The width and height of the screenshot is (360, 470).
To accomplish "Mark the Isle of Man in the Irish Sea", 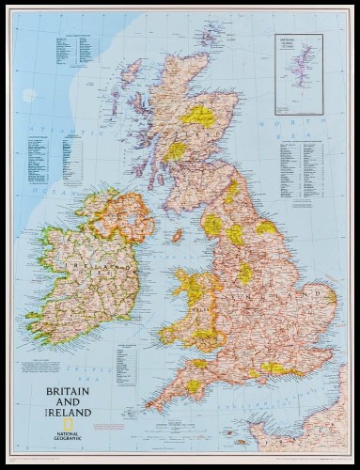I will tap(176, 234).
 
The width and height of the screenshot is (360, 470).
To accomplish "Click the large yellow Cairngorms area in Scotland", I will tap(199, 116).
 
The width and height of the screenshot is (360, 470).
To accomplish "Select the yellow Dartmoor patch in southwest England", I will tap(194, 385).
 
